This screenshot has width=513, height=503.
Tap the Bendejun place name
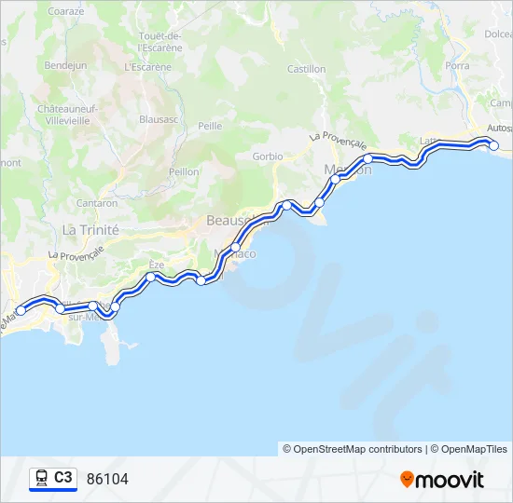65,66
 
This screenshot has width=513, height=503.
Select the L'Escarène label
147,67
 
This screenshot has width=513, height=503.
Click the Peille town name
210,125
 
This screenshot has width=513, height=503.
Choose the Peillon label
184,172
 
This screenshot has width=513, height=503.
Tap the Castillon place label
306,69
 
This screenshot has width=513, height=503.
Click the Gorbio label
267,156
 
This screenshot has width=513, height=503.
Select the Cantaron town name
97,203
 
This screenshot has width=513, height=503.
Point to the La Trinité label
90,229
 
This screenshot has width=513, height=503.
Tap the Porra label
457,66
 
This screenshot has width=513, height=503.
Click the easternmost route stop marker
494,145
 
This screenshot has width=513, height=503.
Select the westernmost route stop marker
21,311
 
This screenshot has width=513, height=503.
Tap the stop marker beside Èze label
150,277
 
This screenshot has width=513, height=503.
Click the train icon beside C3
41,479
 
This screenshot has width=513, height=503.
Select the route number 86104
107,480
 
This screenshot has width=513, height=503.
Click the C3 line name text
62,478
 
